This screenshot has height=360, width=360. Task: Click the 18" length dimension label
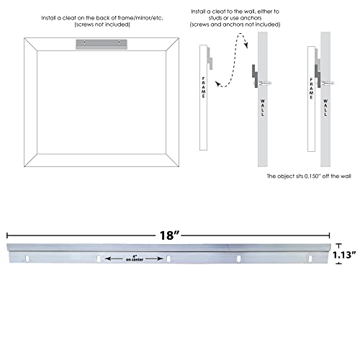click(x=170, y=235)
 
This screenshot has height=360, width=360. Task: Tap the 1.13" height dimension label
click(x=344, y=255)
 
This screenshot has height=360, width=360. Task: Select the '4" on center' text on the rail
click(x=135, y=258)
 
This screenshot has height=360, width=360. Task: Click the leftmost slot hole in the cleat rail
click(x=27, y=258)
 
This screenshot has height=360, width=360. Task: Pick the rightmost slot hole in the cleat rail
click(x=310, y=258)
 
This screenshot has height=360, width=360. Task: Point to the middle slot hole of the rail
click(x=168, y=258)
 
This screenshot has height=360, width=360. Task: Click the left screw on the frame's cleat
click(x=84, y=42)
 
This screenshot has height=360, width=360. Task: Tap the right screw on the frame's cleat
click(x=119, y=42)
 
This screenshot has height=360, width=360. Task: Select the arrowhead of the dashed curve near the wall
click(x=246, y=45)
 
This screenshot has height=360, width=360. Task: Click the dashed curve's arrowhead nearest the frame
click(x=217, y=84)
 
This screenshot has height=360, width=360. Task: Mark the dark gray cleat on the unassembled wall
click(x=255, y=76)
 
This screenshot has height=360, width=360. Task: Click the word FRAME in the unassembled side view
click(x=204, y=87)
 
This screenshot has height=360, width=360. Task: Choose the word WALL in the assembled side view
click(x=325, y=108)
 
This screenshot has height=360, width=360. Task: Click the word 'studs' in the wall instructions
click(x=215, y=18)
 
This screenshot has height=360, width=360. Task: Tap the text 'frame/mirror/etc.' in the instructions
click(x=140, y=18)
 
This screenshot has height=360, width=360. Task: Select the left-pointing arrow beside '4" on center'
click(x=114, y=258)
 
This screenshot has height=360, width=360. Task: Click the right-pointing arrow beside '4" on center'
click(x=155, y=258)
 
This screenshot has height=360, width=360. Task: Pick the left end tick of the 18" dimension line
click(x=7, y=235)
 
